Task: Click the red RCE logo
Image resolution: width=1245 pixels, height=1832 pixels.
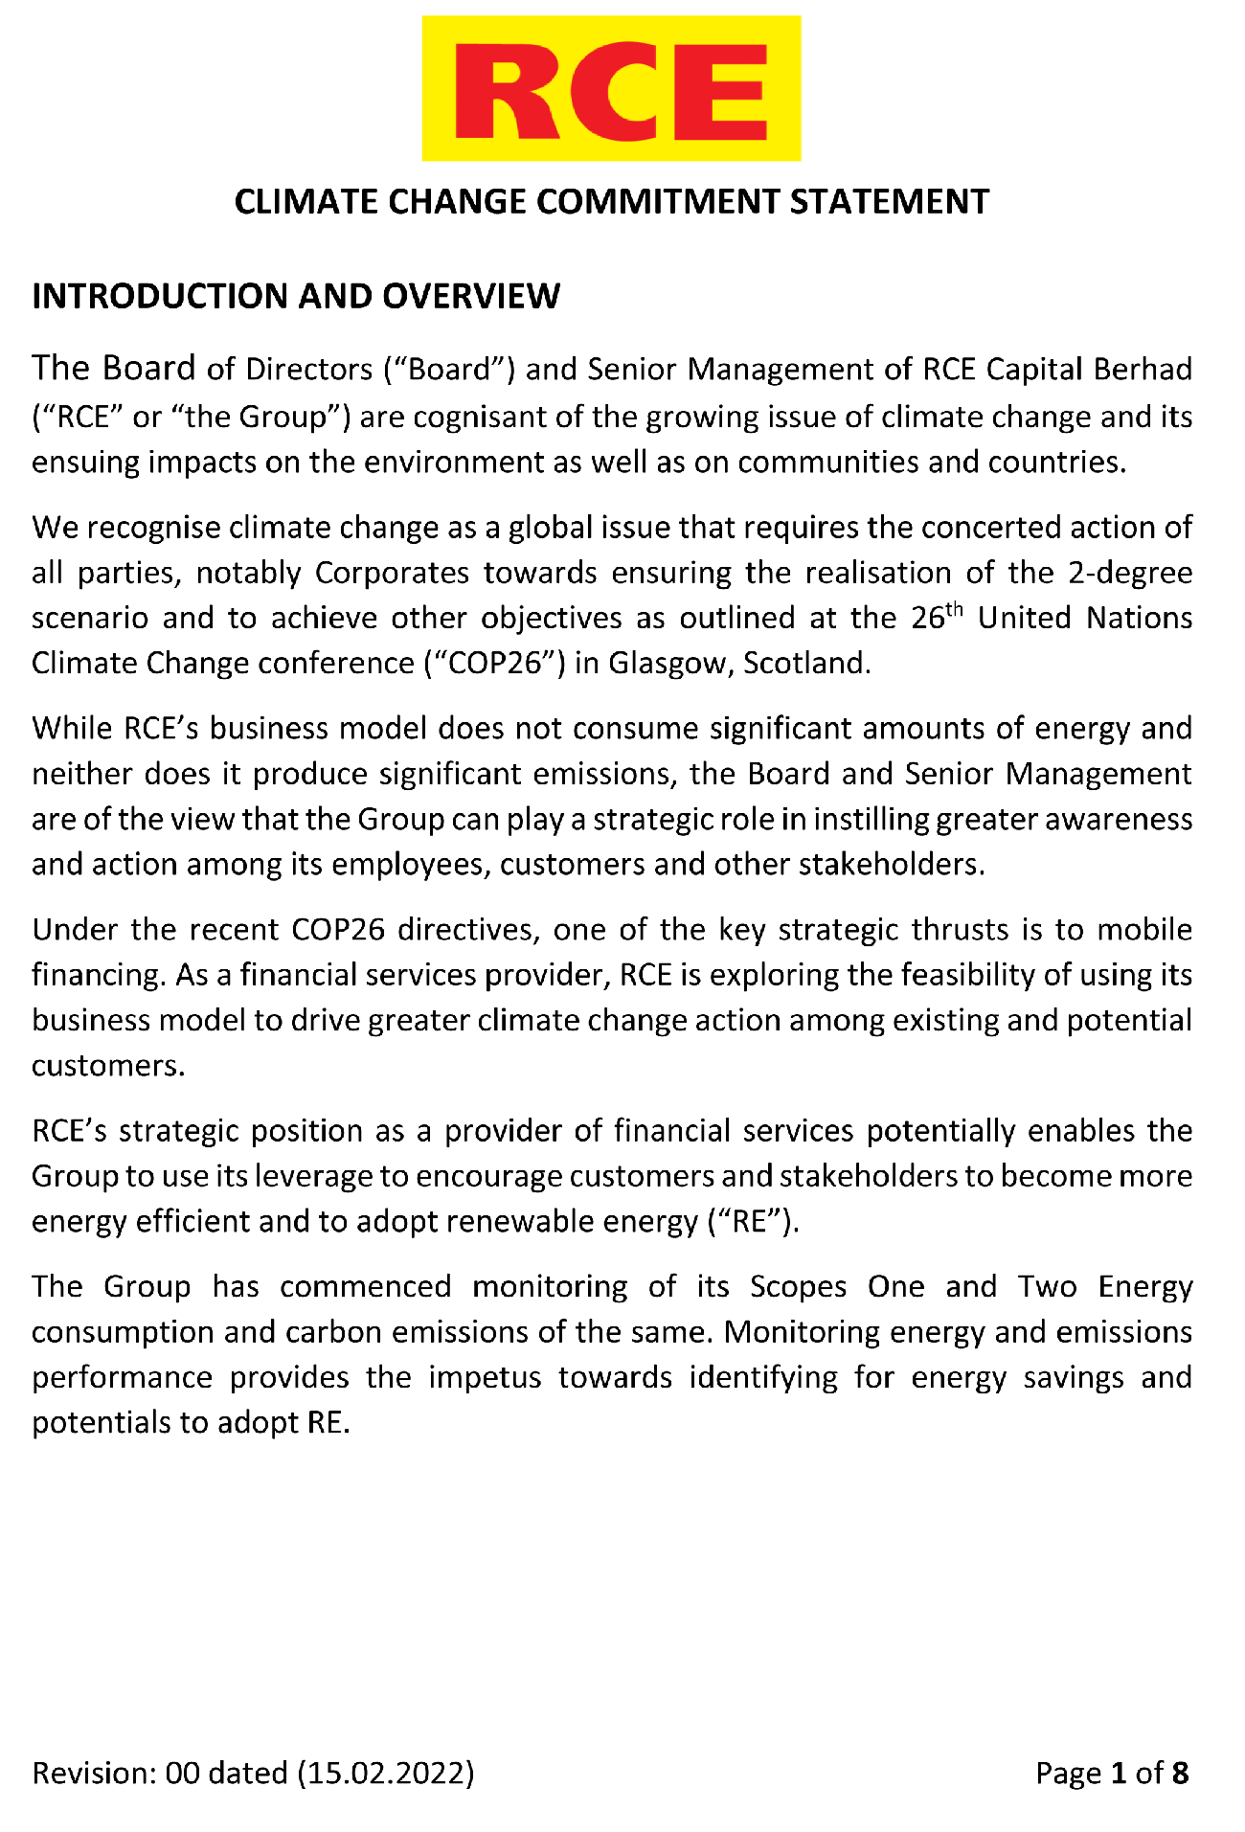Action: click(x=611, y=88)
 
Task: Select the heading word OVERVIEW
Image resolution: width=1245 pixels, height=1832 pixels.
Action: click(x=471, y=296)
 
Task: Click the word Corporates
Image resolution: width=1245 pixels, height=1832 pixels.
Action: click(x=392, y=573)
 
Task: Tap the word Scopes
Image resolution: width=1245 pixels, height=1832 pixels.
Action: click(x=798, y=1286)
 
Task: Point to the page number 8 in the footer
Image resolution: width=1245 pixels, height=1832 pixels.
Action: click(x=1180, y=1774)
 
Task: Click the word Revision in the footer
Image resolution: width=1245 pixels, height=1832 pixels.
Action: click(x=89, y=1774)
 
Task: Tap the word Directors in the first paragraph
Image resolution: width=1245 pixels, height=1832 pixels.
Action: click(x=308, y=369)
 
